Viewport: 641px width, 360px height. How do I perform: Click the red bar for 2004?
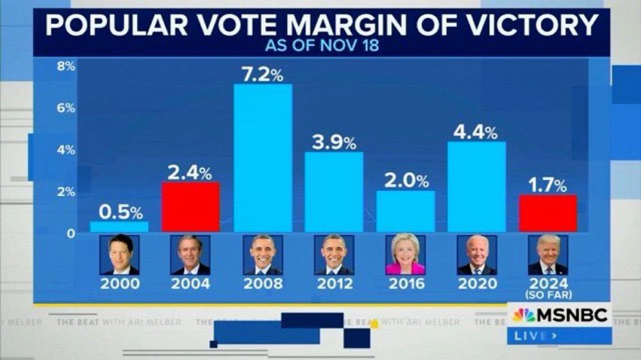[190, 206]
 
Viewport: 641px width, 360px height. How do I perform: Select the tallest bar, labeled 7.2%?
[263, 158]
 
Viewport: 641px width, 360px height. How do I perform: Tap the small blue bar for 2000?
[119, 226]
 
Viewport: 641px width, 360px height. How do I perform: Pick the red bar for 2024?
[548, 213]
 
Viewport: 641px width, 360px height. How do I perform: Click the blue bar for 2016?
[405, 211]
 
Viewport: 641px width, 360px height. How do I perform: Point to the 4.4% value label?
[475, 133]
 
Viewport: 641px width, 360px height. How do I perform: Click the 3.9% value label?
[334, 143]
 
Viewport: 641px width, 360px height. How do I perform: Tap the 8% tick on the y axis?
[65, 66]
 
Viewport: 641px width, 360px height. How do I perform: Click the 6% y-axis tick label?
[65, 108]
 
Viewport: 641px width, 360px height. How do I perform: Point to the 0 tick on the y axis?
[71, 233]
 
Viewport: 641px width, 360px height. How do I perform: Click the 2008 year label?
[263, 283]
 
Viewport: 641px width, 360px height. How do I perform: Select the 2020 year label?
[477, 283]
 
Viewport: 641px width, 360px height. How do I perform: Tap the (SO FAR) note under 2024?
[548, 294]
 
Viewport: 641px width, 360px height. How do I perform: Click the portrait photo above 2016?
[405, 255]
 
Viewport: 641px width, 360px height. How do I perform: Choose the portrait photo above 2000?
[119, 255]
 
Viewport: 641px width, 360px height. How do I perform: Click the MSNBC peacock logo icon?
[524, 315]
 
